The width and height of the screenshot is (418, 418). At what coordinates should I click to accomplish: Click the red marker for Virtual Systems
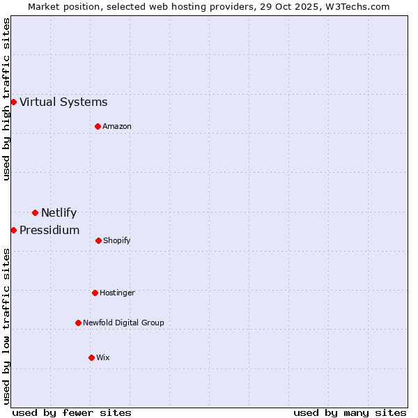point(13,102)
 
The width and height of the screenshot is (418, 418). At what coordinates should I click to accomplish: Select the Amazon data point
point(98,126)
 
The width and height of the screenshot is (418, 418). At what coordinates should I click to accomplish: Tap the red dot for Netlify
point(35,212)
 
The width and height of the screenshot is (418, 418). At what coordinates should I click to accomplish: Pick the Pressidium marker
point(13,230)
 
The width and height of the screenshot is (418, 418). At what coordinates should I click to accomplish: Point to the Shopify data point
point(98,240)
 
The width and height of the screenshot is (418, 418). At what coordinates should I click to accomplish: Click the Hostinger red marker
point(95,293)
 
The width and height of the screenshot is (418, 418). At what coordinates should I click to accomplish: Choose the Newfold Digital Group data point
point(78,323)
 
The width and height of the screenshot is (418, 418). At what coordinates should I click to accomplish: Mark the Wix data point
point(91,357)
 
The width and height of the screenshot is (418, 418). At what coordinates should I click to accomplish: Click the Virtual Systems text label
point(63,102)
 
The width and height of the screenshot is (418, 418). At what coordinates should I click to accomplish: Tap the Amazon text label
point(117,126)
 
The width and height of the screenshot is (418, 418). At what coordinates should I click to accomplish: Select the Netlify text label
point(59,213)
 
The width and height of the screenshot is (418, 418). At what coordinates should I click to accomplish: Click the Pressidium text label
point(49,231)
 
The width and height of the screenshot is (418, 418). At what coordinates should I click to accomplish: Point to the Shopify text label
point(117,240)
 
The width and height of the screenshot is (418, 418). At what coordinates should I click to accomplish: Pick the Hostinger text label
point(117,293)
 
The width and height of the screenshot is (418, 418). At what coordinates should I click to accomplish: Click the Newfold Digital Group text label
point(123,323)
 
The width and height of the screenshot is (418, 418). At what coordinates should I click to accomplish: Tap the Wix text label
point(103,357)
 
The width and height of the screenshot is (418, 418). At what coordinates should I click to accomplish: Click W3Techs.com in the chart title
point(355,6)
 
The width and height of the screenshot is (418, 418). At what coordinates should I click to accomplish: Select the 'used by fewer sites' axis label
point(72,412)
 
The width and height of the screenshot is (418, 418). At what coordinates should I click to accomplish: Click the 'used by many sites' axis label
point(350,412)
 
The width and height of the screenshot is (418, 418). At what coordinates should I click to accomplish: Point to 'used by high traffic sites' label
point(6,99)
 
